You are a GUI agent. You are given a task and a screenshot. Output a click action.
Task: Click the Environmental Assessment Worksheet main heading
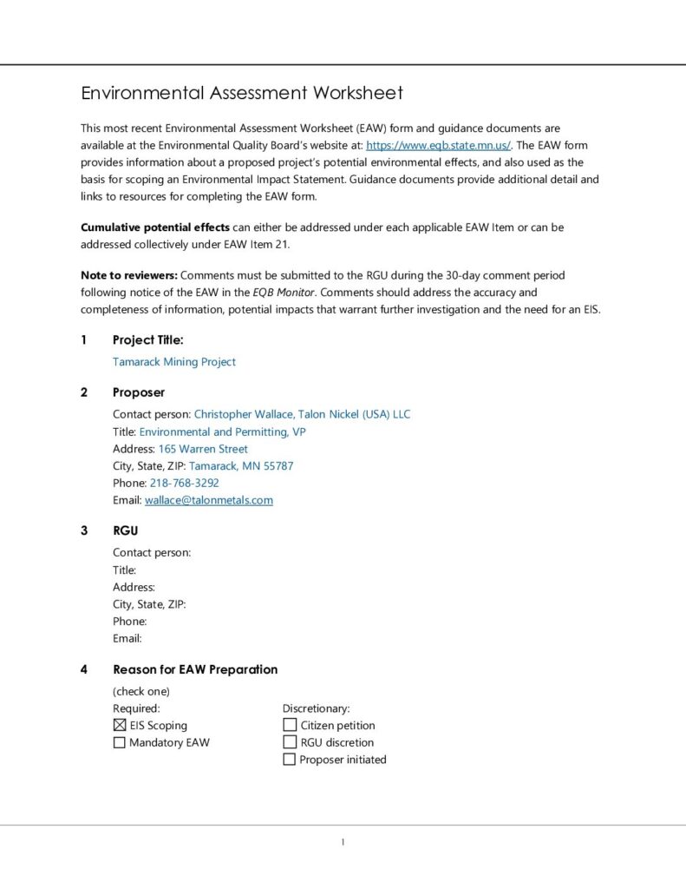(242, 93)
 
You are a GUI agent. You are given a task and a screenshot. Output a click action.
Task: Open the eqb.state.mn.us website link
(439, 146)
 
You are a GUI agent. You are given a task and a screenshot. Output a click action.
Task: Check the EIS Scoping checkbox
(120, 725)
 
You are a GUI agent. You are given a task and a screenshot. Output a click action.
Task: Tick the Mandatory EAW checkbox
(120, 742)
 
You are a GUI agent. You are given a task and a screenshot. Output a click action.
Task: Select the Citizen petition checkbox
(290, 725)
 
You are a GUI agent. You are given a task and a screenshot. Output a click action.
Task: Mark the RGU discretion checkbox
(290, 742)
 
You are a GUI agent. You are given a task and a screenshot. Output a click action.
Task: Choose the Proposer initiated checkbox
(290, 760)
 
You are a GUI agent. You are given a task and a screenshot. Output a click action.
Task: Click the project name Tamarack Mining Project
(174, 362)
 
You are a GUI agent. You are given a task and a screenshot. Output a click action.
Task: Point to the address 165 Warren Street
(203, 449)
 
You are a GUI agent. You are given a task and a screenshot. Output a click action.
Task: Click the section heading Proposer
(139, 392)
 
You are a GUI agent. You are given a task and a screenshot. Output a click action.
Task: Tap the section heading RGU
(125, 530)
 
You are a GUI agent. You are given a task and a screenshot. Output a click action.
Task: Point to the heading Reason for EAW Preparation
(195, 669)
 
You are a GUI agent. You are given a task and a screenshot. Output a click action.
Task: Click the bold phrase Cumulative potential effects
(155, 227)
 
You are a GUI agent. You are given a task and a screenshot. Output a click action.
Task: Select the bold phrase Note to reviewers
(128, 275)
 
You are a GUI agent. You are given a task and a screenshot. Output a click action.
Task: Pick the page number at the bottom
(343, 841)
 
